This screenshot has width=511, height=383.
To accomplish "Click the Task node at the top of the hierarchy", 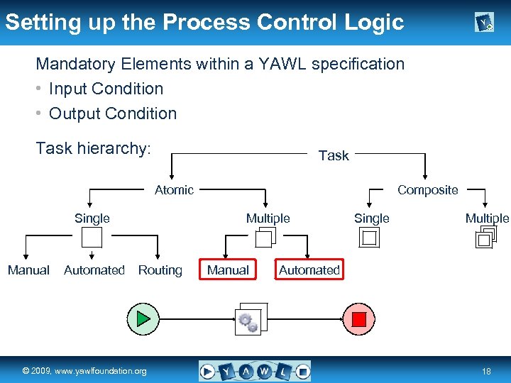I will tap(334, 155).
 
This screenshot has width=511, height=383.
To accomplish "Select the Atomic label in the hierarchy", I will tap(174, 189).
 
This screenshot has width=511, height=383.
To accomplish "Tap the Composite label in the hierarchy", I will tap(427, 189).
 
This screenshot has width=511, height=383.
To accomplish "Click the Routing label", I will tap(160, 270).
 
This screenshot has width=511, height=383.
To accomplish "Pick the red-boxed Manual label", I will tap(228, 270).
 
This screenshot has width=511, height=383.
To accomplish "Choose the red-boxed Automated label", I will tap(309, 270).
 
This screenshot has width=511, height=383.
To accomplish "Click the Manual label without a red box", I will tap(28, 270).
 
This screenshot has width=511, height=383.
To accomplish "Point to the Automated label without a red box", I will tap(94, 270).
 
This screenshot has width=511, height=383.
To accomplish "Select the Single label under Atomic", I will tap(92, 218).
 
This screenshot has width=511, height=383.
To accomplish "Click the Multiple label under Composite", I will tap(487, 218).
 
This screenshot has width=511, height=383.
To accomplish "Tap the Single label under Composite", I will tap(372, 218).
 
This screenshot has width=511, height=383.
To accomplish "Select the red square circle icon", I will tap(359, 318).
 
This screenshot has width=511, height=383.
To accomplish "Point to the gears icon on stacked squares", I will tap(249, 320).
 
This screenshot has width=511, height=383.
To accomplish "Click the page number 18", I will tap(486, 371).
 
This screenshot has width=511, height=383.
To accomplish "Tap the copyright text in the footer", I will tap(84, 371).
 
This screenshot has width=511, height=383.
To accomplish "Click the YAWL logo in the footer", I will tap(255, 370).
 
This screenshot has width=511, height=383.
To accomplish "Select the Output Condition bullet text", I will tap(113, 113).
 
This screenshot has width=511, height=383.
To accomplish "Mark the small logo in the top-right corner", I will tap(484, 23).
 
